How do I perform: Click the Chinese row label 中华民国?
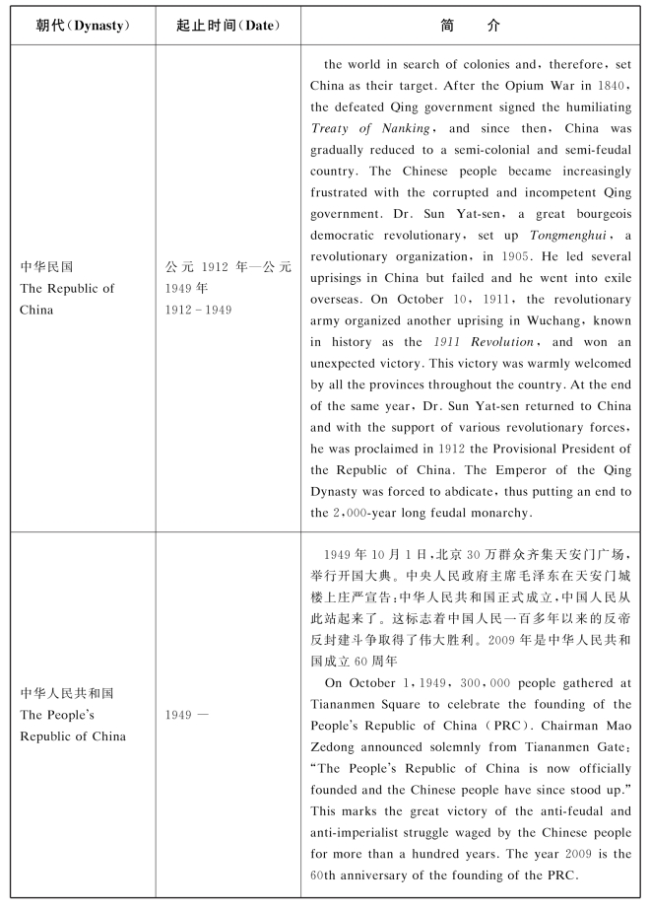pyautogui.click(x=47, y=266)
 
